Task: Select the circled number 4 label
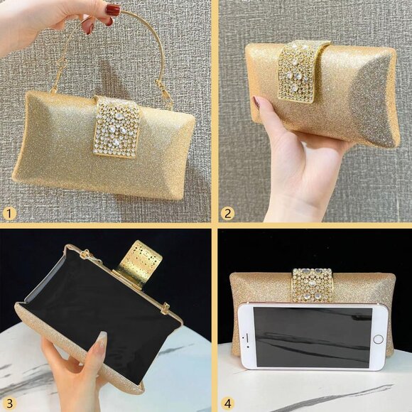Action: point(228,402)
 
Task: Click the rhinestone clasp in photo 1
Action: point(117,127)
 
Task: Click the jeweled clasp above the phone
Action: point(312,285)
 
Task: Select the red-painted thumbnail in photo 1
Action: point(112,10)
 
